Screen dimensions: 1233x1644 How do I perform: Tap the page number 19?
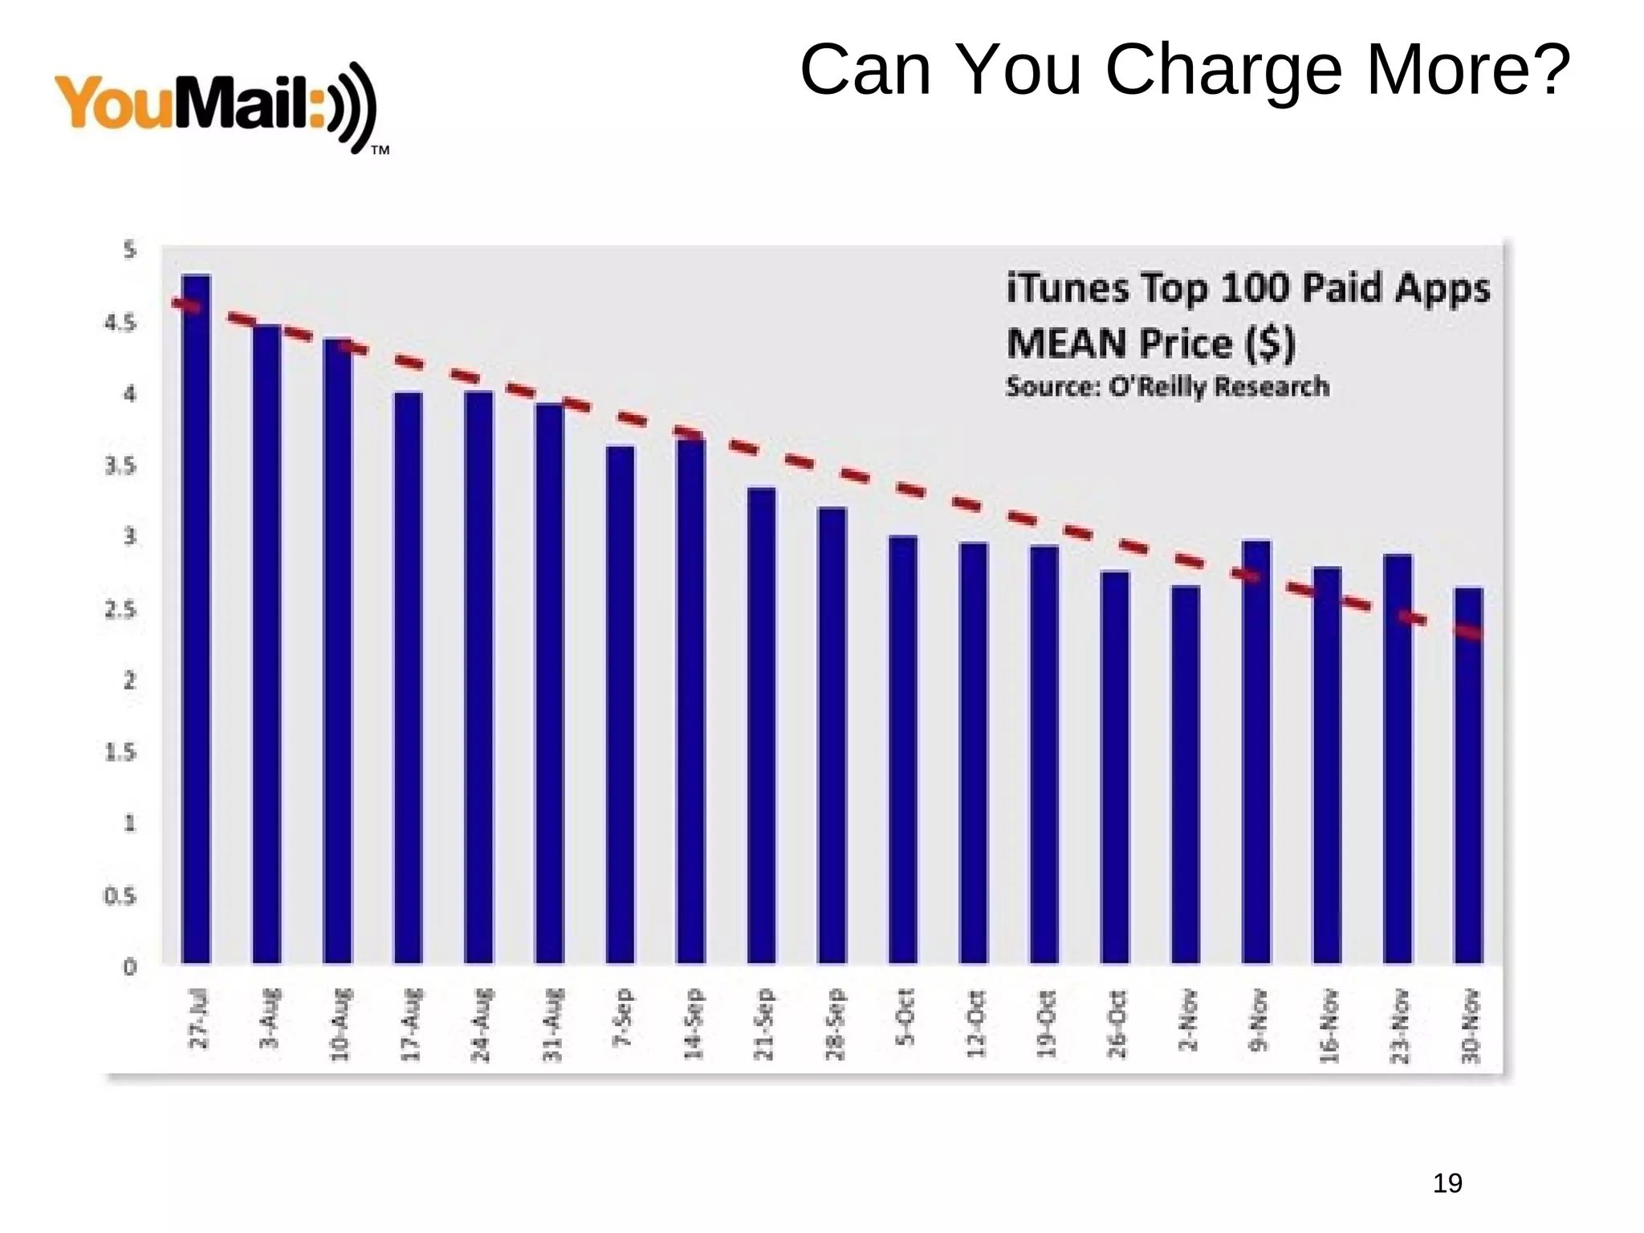pos(1447,1183)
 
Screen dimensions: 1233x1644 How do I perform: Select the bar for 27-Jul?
pos(197,618)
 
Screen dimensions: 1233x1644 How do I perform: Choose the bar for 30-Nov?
pos(1468,775)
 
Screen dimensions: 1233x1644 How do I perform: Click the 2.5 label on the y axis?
pos(120,610)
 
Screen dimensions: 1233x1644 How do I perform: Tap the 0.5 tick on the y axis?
pos(120,896)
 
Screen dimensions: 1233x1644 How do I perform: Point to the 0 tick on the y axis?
pos(129,967)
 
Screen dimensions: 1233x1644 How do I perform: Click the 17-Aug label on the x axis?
pos(410,1025)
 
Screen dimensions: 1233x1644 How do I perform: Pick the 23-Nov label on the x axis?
pos(1399,1026)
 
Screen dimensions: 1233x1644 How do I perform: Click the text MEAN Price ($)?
pos(1150,344)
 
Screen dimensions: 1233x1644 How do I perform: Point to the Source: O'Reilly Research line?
pos(1167,387)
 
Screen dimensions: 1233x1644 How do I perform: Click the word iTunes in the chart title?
pos(1067,287)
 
